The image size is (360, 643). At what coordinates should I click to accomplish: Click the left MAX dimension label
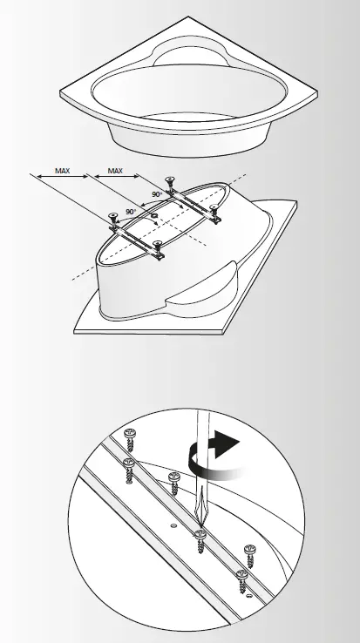62,172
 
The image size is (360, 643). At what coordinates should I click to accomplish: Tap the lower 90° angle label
131,212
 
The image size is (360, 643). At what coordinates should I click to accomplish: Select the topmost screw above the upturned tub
170,185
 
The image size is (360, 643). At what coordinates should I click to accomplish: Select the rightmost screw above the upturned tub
215,209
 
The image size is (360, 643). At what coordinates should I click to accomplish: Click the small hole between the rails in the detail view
174,525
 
